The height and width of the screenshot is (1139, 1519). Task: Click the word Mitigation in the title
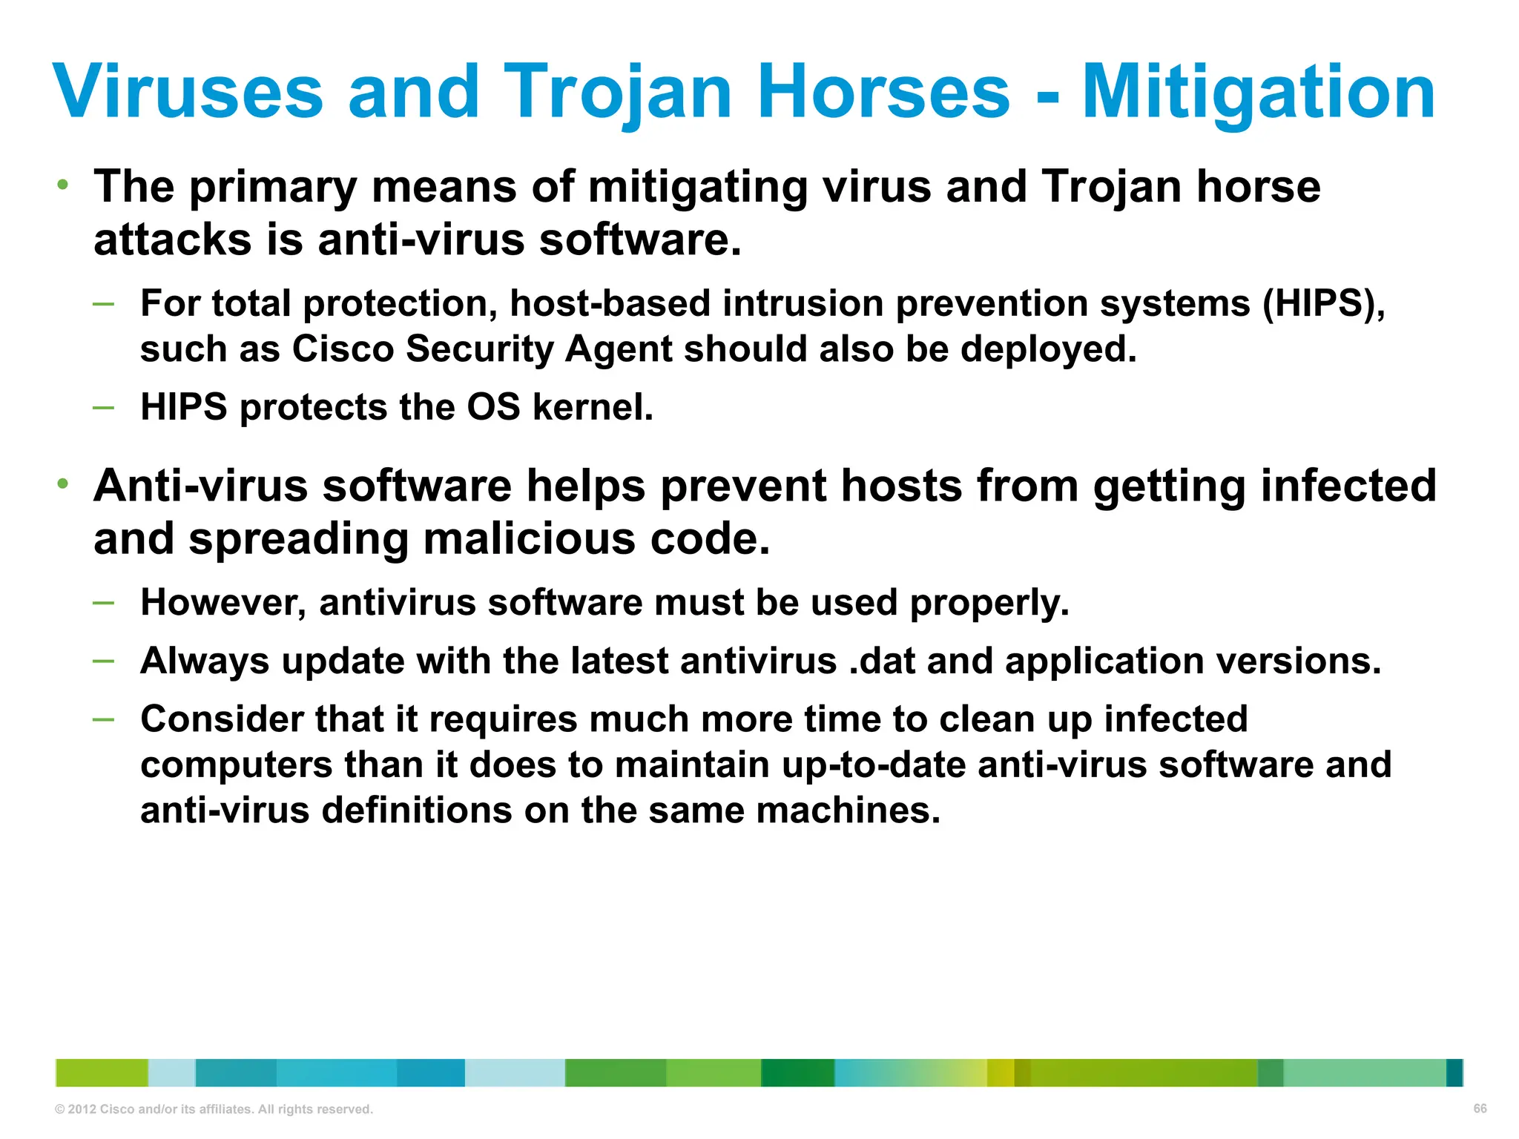click(x=1259, y=91)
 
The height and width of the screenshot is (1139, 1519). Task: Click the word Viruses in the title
click(x=188, y=91)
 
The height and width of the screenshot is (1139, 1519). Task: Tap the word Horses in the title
click(x=883, y=91)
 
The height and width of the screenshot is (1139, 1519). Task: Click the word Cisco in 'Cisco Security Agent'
click(x=342, y=349)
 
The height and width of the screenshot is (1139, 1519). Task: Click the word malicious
click(x=530, y=538)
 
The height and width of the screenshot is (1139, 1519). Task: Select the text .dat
click(x=882, y=661)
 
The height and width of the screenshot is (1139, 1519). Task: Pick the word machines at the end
click(x=848, y=810)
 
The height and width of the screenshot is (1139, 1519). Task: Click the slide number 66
click(x=1480, y=1109)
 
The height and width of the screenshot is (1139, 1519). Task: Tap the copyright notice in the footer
click(x=214, y=1109)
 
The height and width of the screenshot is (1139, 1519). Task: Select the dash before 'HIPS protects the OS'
click(x=104, y=406)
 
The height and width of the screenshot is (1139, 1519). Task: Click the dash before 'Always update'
click(x=104, y=660)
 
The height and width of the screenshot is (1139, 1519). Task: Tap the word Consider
click(x=221, y=719)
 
